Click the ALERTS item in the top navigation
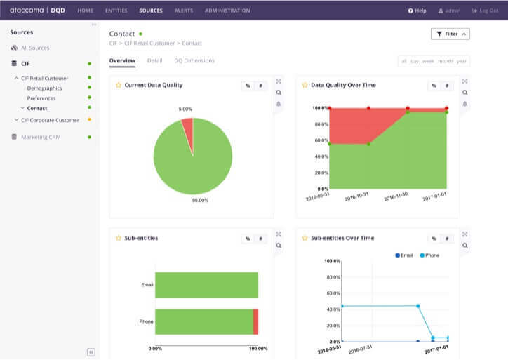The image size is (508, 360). (x=183, y=11)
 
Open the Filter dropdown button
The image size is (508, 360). (x=450, y=34)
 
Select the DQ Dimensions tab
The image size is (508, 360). (x=194, y=60)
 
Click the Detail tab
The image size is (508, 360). (x=154, y=60)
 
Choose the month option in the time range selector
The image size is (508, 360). (x=445, y=61)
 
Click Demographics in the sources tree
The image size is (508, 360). (x=44, y=88)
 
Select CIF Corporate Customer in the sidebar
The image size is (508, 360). (x=50, y=120)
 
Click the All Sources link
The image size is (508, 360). (x=35, y=48)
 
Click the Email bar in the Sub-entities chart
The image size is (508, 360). (x=206, y=285)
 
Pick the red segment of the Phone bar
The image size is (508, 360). (x=255, y=321)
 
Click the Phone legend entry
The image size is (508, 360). (x=428, y=255)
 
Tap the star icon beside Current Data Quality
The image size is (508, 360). (x=119, y=85)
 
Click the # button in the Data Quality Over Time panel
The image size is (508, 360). (x=446, y=86)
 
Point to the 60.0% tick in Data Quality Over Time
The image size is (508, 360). (x=321, y=140)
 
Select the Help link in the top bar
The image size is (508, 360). (x=417, y=11)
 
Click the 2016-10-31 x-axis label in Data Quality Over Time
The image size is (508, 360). (x=356, y=198)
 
